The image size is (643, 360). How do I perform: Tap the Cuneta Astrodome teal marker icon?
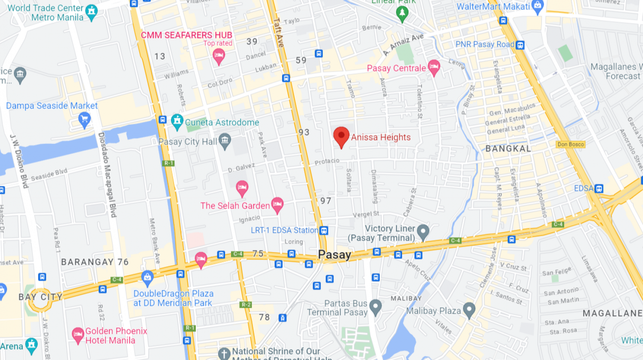tap(177, 122)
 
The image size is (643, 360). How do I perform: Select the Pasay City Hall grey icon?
tap(225, 141)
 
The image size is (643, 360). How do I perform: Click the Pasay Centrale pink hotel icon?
tap(434, 67)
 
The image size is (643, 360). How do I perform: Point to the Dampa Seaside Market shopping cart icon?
tap(84, 120)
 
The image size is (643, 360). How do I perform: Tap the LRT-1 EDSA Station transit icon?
tap(324, 231)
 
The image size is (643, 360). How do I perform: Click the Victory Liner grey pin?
tap(423, 231)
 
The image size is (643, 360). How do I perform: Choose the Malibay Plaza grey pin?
tap(469, 310)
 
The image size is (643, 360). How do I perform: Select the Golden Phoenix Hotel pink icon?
tap(78, 335)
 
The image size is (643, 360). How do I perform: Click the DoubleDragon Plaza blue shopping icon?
tap(147, 278)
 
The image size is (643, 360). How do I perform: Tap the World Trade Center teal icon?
tap(91, 12)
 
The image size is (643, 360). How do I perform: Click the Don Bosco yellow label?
tap(571, 144)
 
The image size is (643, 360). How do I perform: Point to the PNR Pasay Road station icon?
tap(520, 45)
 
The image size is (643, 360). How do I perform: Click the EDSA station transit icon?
tap(599, 189)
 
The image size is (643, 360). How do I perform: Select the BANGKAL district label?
tap(508, 149)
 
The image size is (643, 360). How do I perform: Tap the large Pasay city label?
tap(334, 255)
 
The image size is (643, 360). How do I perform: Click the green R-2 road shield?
tap(246, 305)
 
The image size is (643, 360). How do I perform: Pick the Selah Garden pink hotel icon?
tap(277, 205)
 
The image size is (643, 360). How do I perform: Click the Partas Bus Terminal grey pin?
tap(376, 306)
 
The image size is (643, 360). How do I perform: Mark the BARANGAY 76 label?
tap(95, 262)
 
